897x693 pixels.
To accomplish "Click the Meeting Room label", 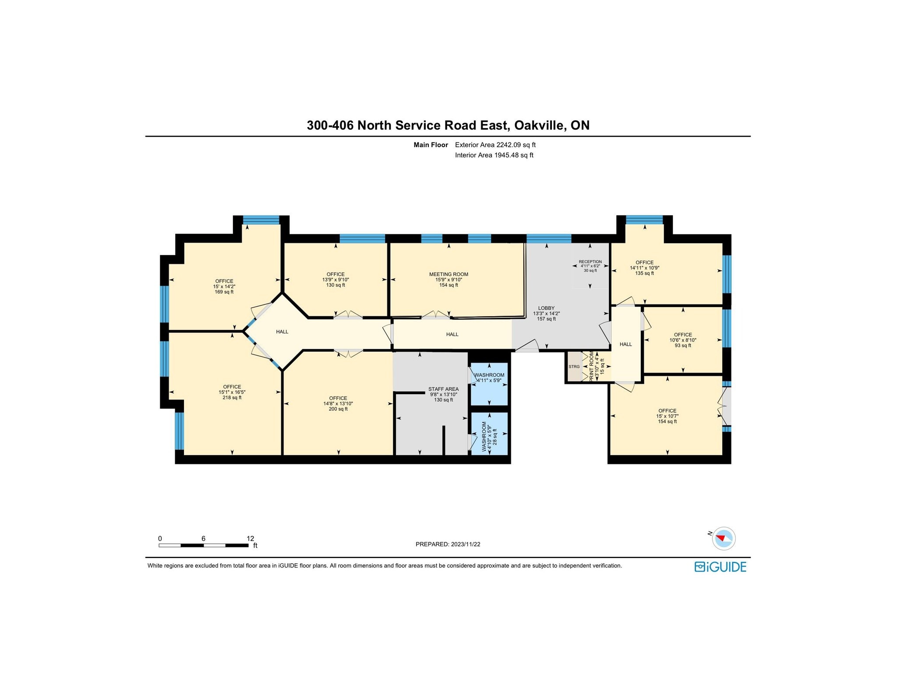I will [x=448, y=279].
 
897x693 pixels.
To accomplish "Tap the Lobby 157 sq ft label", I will [x=546, y=313].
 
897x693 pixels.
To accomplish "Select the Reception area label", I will [x=590, y=266].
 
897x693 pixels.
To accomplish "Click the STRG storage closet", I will [x=574, y=367].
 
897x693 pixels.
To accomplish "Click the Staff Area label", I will [x=443, y=394].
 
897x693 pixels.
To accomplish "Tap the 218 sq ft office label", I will [x=232, y=392].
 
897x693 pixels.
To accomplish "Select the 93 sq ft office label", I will [x=682, y=340].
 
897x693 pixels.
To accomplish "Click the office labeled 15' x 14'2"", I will [x=224, y=286].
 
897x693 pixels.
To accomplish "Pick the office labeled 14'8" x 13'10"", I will [x=338, y=403].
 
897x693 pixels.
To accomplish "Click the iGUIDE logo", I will [x=720, y=567].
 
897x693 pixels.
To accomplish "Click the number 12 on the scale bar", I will [x=250, y=538].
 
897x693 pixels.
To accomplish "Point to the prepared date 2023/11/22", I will [x=448, y=544].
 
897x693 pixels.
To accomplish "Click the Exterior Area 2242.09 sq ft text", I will [x=495, y=145].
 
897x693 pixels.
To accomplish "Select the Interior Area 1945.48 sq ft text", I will [x=494, y=155].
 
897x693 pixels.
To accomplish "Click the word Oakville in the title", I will [x=539, y=125].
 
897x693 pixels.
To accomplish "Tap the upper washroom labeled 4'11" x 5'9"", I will [x=489, y=378].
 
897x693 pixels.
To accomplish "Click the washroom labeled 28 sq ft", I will [x=489, y=434].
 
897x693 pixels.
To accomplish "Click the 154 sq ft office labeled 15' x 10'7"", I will [x=667, y=416].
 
